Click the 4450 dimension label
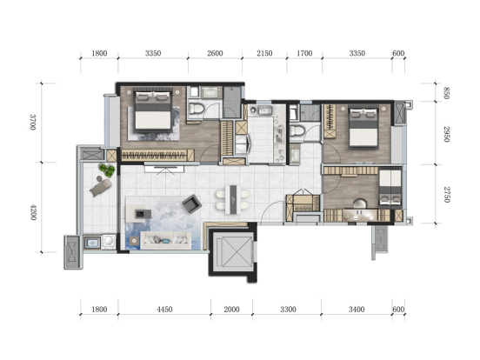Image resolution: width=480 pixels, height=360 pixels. pos(164,310)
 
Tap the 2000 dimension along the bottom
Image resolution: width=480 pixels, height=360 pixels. pos(231,310)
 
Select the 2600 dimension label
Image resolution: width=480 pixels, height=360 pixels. pos(215,53)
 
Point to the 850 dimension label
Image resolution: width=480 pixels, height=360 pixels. pos(446,93)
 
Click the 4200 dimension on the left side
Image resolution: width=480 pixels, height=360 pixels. pos(33,212)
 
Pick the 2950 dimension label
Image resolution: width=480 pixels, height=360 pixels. pos(446,134)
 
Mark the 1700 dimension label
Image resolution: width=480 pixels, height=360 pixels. pos(304,53)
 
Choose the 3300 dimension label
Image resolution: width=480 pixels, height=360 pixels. pos(288,310)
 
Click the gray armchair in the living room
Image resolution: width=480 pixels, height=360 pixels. pos(191,203)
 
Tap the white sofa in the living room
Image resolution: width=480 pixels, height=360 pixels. pos(165,240)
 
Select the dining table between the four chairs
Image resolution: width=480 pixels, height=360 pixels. pos(232,199)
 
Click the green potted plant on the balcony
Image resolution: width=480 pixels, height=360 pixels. pos(107,170)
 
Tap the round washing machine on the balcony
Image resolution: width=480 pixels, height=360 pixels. pos(109,242)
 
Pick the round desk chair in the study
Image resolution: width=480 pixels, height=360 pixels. pos(360,204)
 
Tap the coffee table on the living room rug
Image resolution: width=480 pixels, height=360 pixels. pos(143,213)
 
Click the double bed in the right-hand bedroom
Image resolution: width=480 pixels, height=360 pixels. pos(363,127)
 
